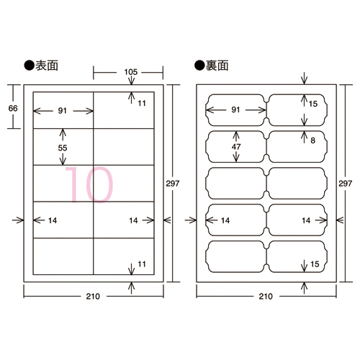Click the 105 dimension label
[x=131, y=72]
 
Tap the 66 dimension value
[x=13, y=109]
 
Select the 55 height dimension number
[x=63, y=148]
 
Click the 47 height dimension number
[x=236, y=147]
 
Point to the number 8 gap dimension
[x=312, y=140]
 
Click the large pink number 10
[x=89, y=184]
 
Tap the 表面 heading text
[x=47, y=66]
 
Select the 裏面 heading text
[x=217, y=66]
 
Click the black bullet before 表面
[x=29, y=66]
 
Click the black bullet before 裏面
[x=199, y=66]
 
